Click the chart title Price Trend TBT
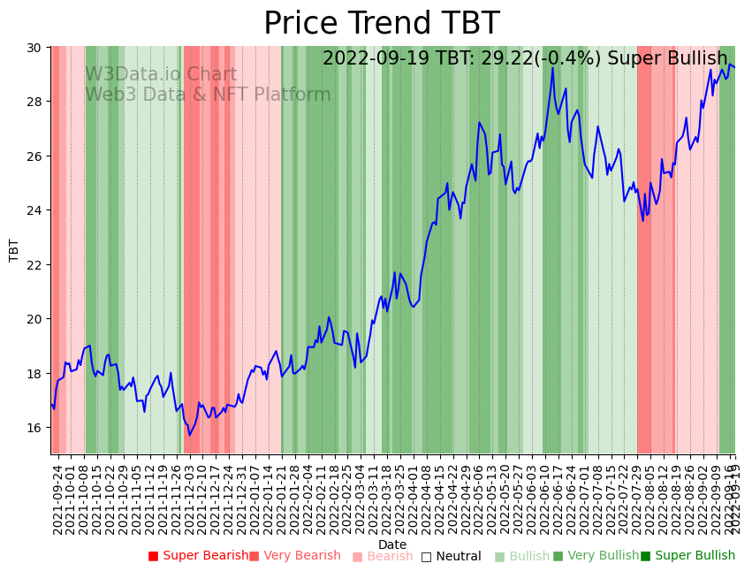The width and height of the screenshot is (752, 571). (x=382, y=24)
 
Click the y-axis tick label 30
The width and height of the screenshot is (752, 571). (x=34, y=47)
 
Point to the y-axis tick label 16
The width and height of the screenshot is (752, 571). (x=34, y=428)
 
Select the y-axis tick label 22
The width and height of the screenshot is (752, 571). (x=34, y=264)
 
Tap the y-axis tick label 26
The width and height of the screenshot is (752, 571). (x=34, y=156)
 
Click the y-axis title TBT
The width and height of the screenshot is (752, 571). (x=14, y=250)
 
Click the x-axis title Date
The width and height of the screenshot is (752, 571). (x=392, y=544)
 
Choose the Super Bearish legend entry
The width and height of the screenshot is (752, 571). (x=199, y=556)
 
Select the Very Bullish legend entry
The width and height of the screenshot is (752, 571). (x=596, y=556)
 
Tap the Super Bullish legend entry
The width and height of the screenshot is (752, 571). (x=687, y=556)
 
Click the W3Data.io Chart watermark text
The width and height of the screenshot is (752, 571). (x=161, y=75)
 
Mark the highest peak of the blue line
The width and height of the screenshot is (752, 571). (x=553, y=68)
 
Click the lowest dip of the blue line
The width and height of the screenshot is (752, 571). (x=189, y=434)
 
